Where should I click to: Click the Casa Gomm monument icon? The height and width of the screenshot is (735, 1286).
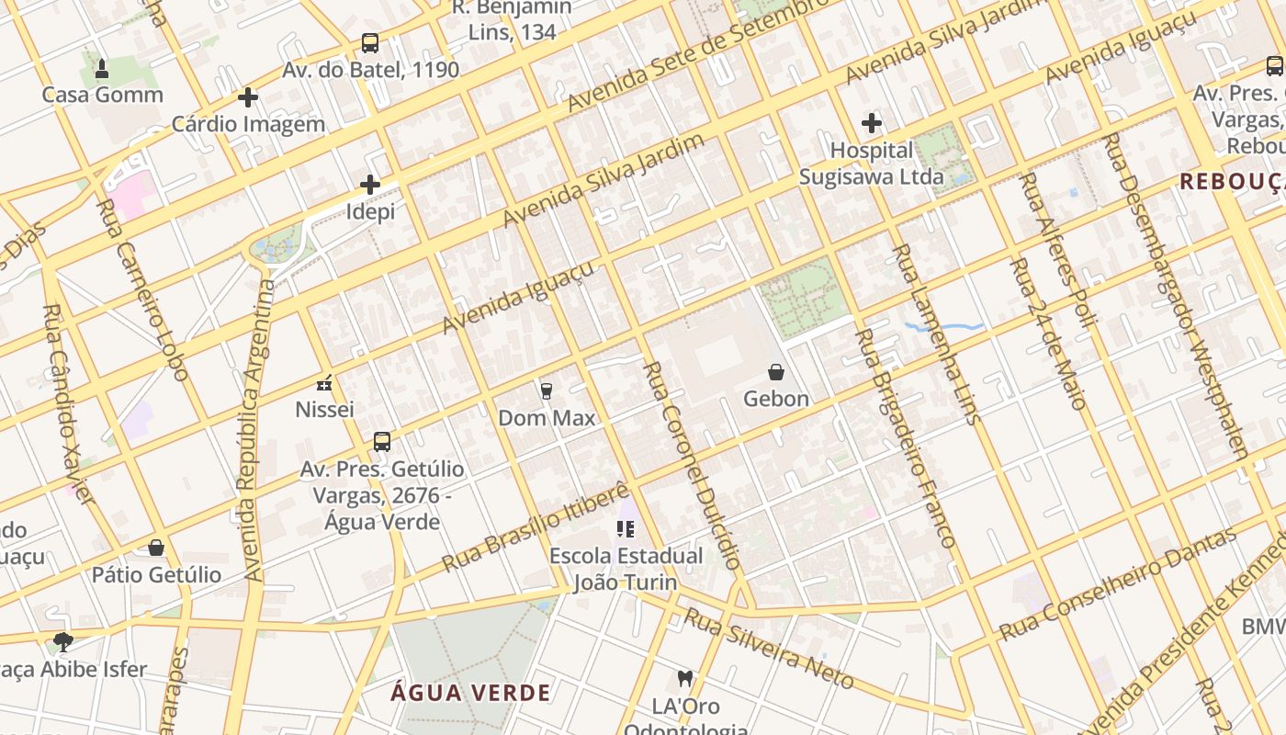point(101,68)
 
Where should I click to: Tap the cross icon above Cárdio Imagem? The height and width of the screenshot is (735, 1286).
point(247,96)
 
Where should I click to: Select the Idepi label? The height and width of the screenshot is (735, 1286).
point(370,211)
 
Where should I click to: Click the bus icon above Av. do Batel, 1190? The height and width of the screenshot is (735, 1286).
point(369,42)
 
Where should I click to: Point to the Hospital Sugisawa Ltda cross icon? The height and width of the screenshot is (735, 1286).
point(871,122)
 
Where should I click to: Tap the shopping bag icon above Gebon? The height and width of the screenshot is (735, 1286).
point(776,372)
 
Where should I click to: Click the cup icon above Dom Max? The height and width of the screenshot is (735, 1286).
point(547,391)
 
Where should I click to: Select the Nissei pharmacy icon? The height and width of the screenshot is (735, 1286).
point(324,383)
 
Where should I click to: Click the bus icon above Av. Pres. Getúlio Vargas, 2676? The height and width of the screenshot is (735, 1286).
point(382,442)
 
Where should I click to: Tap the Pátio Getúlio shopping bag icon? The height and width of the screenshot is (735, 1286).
point(156,548)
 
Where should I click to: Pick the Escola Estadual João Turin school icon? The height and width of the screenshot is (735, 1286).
point(626,528)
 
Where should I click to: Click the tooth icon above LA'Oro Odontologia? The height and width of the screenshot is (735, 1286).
point(684,679)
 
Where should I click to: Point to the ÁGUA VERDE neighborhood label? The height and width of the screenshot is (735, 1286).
point(471,693)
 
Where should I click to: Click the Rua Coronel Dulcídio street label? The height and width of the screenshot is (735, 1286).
point(691,465)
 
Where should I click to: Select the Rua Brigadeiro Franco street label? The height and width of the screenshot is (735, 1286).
point(904,437)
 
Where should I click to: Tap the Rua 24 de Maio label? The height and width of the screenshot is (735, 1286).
point(1048,333)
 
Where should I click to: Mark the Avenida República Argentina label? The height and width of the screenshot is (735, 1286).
point(253,430)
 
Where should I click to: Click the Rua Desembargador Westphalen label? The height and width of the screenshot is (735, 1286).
point(1176,296)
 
